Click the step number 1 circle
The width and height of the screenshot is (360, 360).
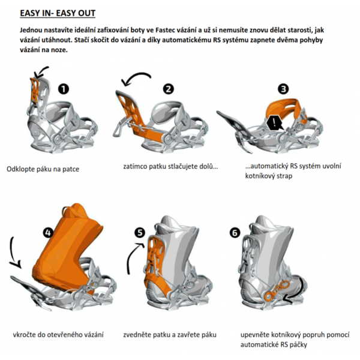click(64, 89)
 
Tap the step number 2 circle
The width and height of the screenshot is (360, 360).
click(169, 89)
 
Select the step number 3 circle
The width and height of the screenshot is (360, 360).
click(283, 89)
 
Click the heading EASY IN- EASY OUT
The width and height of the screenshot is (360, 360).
click(58, 13)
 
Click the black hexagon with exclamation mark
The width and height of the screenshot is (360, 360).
click(275, 123)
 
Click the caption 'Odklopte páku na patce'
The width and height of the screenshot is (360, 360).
click(43, 169)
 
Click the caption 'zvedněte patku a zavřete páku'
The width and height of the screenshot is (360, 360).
click(170, 334)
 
